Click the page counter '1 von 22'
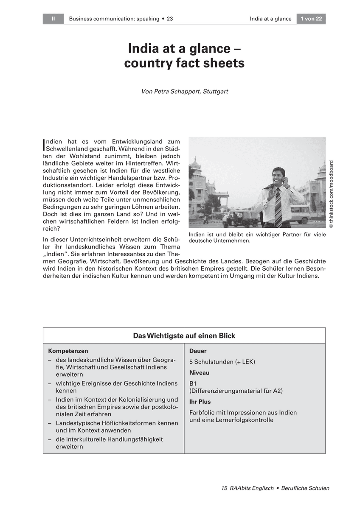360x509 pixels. click(311, 19)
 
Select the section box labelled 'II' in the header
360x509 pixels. click(53, 19)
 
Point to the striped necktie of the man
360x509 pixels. click(278, 207)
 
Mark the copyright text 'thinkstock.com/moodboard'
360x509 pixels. click(331, 193)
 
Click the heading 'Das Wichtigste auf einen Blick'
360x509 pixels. click(184, 336)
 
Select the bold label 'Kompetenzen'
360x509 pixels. click(68, 351)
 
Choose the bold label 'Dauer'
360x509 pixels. click(198, 351)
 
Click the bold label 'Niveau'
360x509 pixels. click(199, 372)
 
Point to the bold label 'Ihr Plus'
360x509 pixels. click(200, 401)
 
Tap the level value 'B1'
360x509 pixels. click(193, 383)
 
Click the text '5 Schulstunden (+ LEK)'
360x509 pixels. click(222, 362)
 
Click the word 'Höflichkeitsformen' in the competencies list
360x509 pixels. click(128, 423)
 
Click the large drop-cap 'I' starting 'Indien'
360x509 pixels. click(44, 145)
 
